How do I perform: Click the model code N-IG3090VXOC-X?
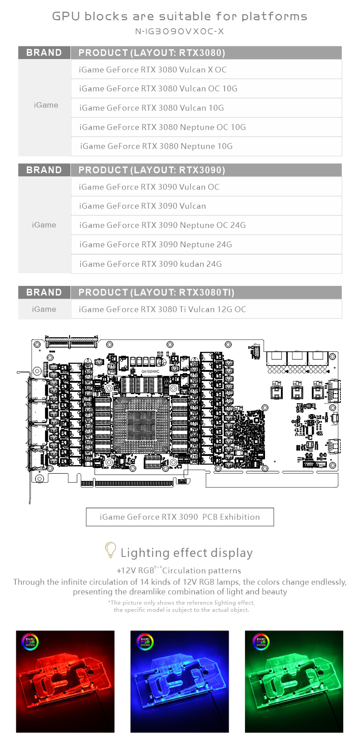point(180,31)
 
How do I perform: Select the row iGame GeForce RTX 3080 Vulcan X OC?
point(152,70)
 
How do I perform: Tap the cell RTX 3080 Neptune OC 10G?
point(162,127)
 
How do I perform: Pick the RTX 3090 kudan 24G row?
point(150,264)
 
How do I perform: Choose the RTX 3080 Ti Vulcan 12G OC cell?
point(162,309)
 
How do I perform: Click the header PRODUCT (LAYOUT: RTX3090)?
point(151,170)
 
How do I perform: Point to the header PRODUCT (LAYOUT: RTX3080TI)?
point(156,292)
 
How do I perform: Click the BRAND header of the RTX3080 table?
point(44,53)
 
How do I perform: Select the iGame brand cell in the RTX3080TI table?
point(44,309)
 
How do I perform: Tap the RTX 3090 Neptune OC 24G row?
point(162,225)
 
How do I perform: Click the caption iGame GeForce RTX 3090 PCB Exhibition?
point(180,517)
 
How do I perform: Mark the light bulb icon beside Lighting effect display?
point(110,550)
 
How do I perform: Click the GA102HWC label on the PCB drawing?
point(150,371)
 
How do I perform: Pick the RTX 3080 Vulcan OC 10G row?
point(158,89)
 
